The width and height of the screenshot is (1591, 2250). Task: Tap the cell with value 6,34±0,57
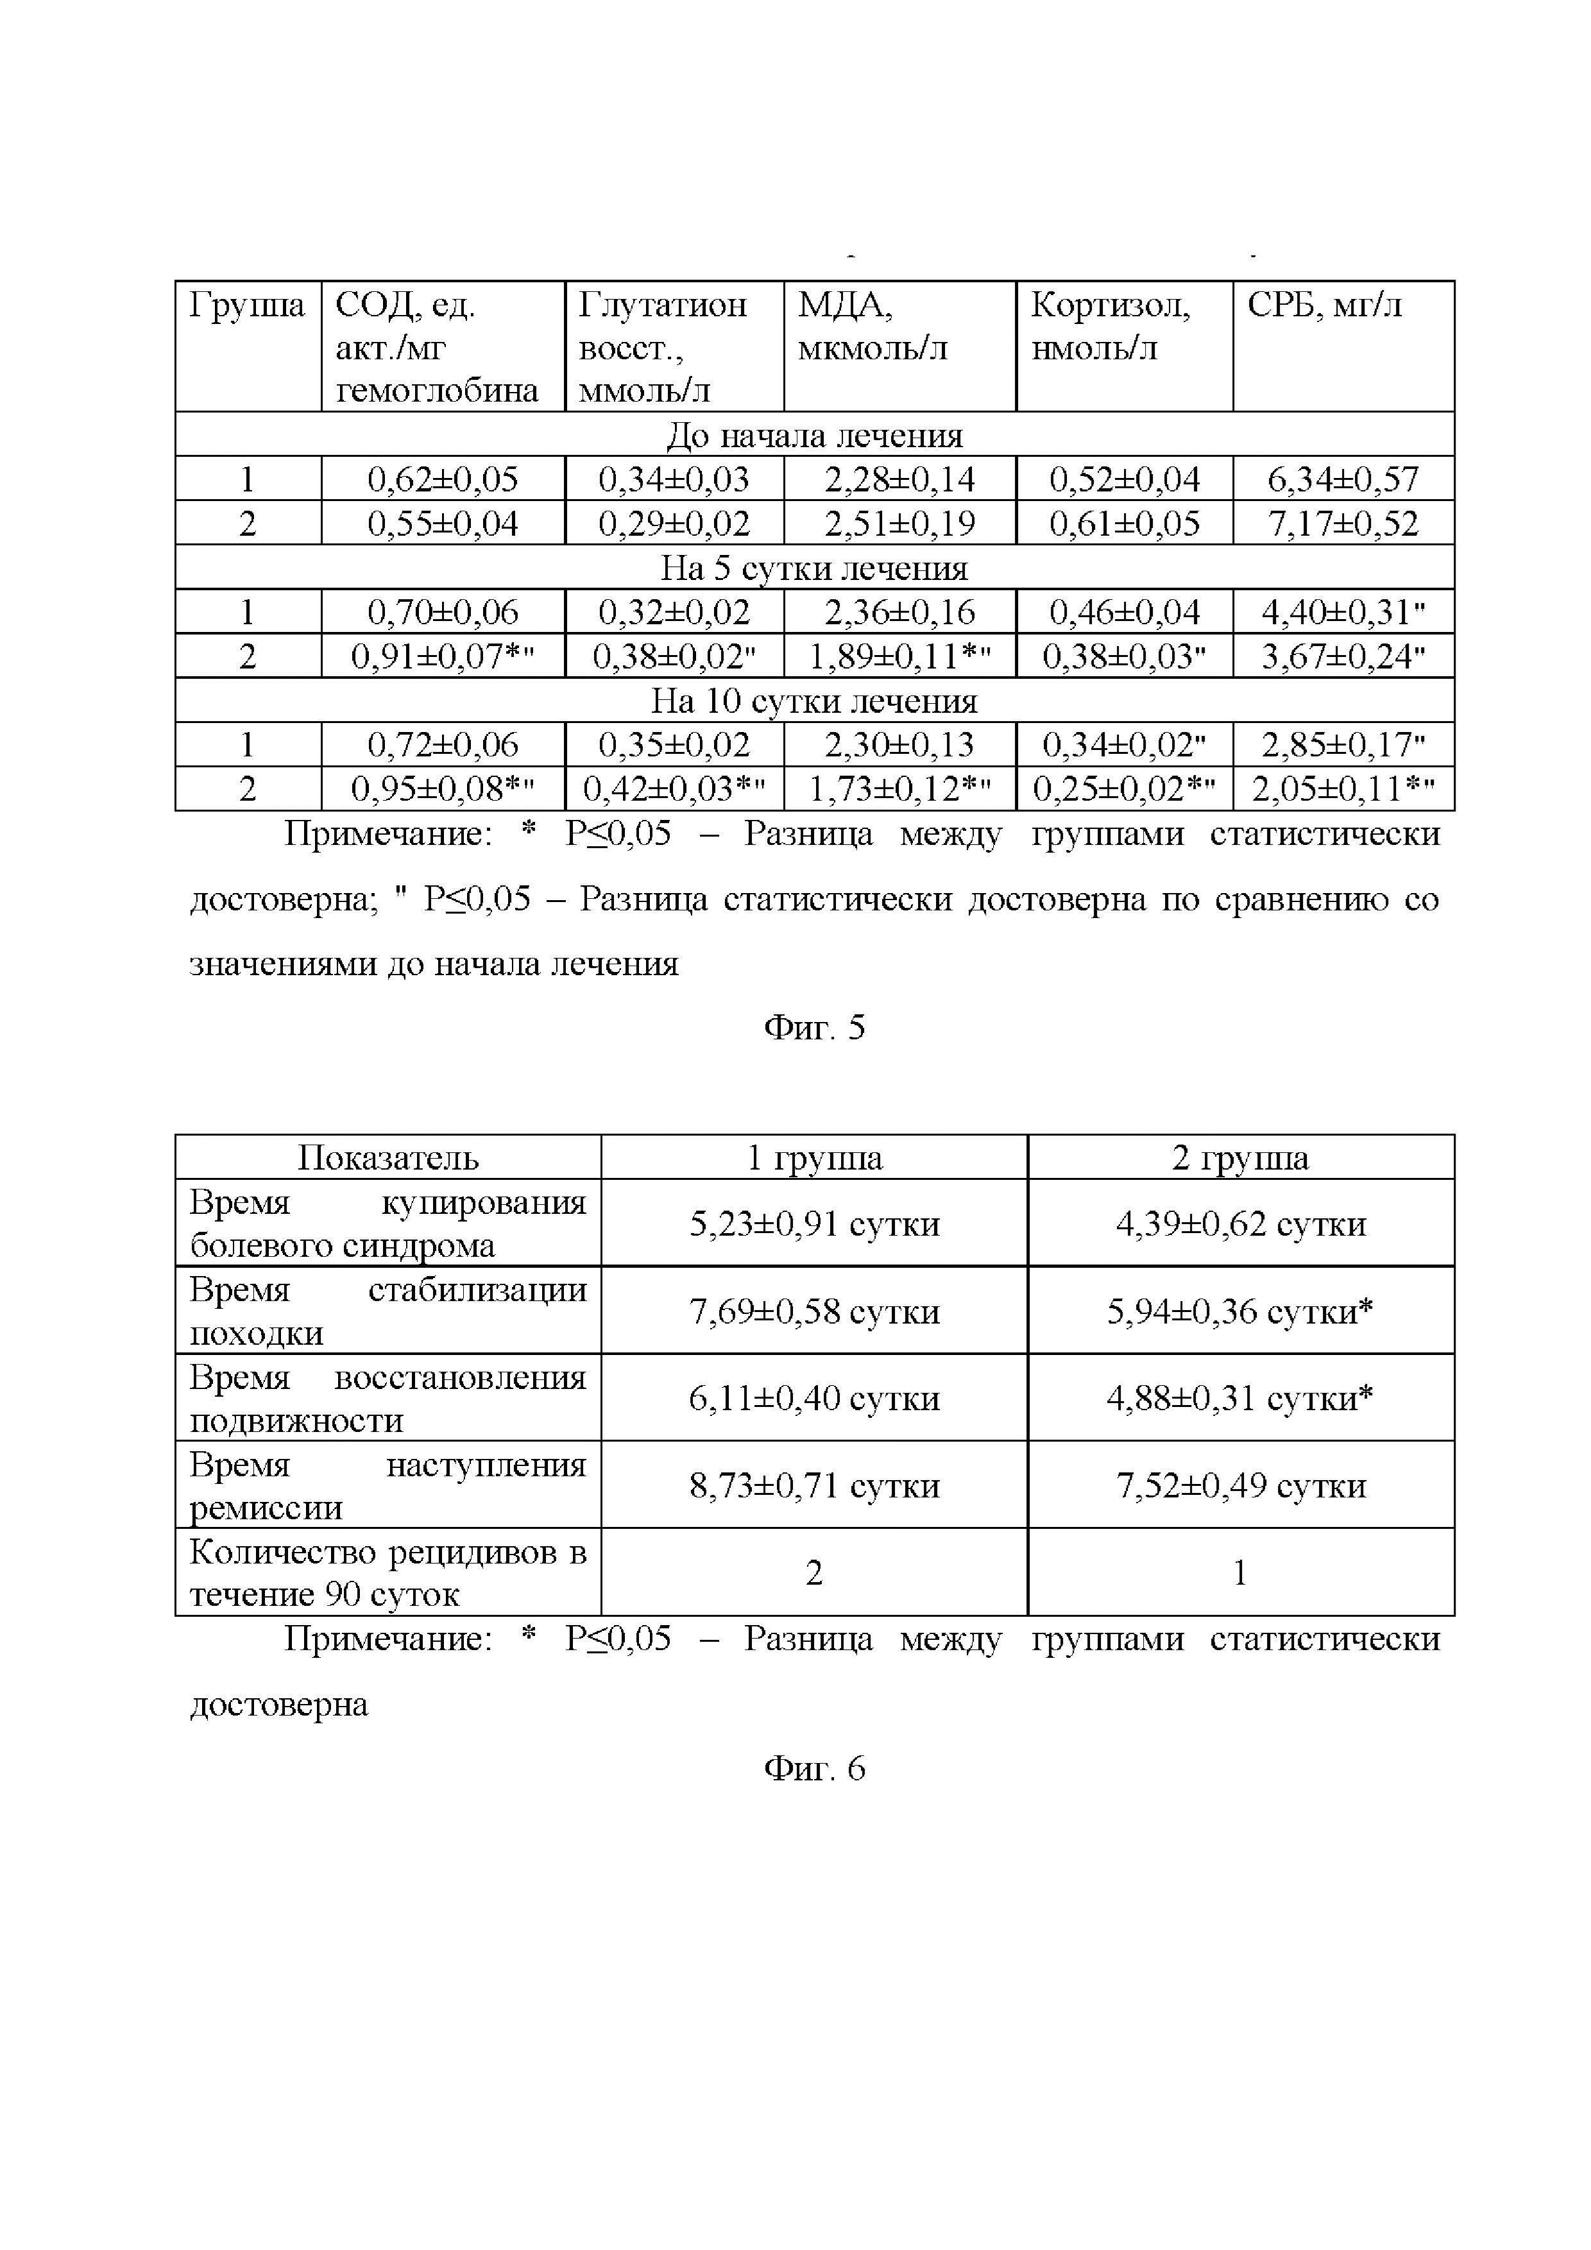point(1342,479)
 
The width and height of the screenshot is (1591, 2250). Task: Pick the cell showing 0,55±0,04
point(442,524)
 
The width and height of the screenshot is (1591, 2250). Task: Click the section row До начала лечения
point(814,435)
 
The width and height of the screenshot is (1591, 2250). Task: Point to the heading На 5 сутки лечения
point(814,568)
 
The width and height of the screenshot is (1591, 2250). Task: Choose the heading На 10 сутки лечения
point(814,701)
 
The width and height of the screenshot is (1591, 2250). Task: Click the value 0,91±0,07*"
point(442,656)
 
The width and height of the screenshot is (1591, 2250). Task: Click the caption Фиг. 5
point(814,1027)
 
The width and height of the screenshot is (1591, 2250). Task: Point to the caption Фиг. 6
point(814,1768)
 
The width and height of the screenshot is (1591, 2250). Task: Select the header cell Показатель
point(388,1157)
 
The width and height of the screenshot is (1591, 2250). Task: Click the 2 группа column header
point(1239,1157)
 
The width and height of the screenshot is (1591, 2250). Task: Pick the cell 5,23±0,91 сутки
point(814,1223)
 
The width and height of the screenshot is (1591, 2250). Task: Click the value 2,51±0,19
point(899,524)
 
